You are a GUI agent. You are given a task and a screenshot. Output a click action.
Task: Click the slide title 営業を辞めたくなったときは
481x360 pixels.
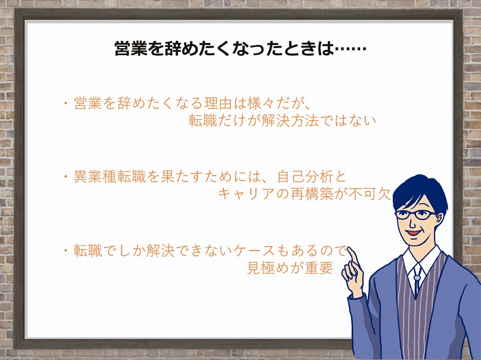point(224,49)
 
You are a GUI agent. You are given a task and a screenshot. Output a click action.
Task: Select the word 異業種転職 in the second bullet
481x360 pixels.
point(109,177)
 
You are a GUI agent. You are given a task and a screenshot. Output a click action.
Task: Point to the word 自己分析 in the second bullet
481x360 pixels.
point(305,177)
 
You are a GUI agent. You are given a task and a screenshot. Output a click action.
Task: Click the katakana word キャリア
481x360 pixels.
point(246,194)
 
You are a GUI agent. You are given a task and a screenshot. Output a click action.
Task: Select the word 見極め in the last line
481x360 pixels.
point(268,267)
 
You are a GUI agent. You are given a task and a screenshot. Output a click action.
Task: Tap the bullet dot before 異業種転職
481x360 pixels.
point(66,177)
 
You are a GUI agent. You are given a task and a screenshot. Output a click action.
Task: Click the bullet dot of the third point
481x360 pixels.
point(66,251)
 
